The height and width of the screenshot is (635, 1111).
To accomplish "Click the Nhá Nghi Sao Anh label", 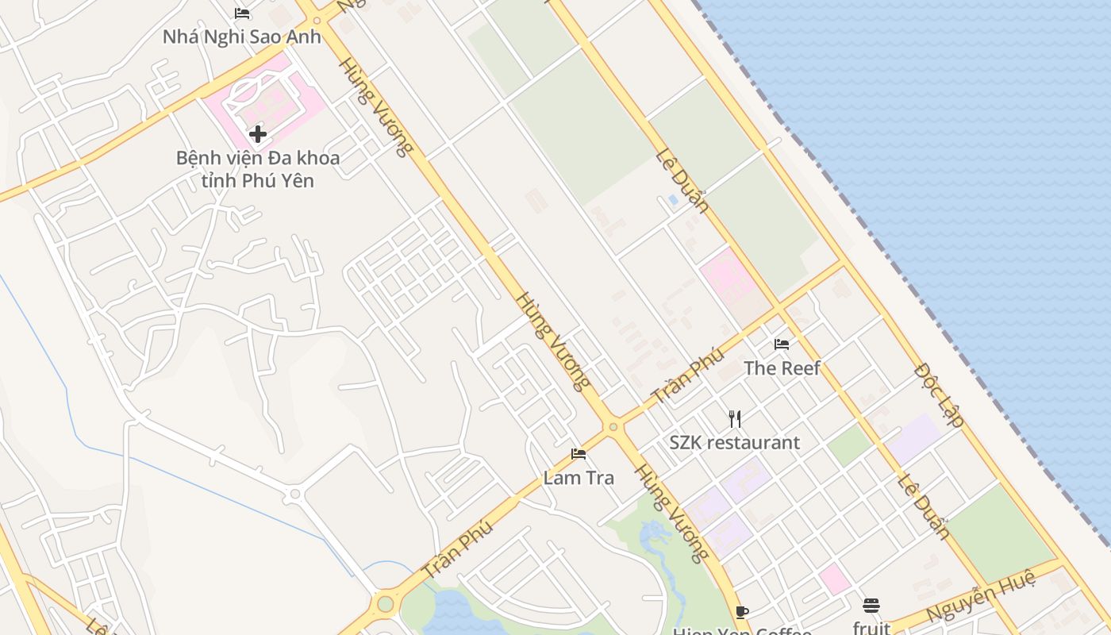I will click(241, 37).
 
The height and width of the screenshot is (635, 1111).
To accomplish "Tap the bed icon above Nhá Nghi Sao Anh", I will click(242, 13).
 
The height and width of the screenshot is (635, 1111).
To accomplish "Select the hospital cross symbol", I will click(257, 134).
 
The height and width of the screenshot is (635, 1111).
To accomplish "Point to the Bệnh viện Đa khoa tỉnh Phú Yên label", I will click(257, 169).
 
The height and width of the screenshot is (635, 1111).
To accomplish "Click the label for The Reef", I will click(782, 368).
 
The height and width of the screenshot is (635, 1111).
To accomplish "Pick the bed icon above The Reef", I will click(782, 344).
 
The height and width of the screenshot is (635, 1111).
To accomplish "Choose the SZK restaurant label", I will click(734, 443).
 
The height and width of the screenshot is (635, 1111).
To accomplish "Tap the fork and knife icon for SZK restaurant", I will click(735, 418).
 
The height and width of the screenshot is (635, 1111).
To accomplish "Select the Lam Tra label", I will click(579, 478).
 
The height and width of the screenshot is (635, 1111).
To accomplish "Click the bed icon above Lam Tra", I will click(579, 454).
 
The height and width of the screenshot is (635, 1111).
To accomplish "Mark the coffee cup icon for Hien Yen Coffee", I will click(741, 612).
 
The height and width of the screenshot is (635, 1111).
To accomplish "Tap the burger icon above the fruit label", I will click(871, 606).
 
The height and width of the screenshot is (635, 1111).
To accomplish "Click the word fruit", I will click(871, 628).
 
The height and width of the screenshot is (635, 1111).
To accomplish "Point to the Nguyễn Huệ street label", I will click(981, 595).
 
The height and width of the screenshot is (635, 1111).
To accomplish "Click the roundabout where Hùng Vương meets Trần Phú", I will click(613, 427).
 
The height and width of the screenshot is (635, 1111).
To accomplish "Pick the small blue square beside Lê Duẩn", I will click(673, 200).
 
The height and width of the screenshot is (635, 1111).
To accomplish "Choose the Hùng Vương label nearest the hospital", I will click(376, 106).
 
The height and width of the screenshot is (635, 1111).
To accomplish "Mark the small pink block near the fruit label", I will click(835, 579).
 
